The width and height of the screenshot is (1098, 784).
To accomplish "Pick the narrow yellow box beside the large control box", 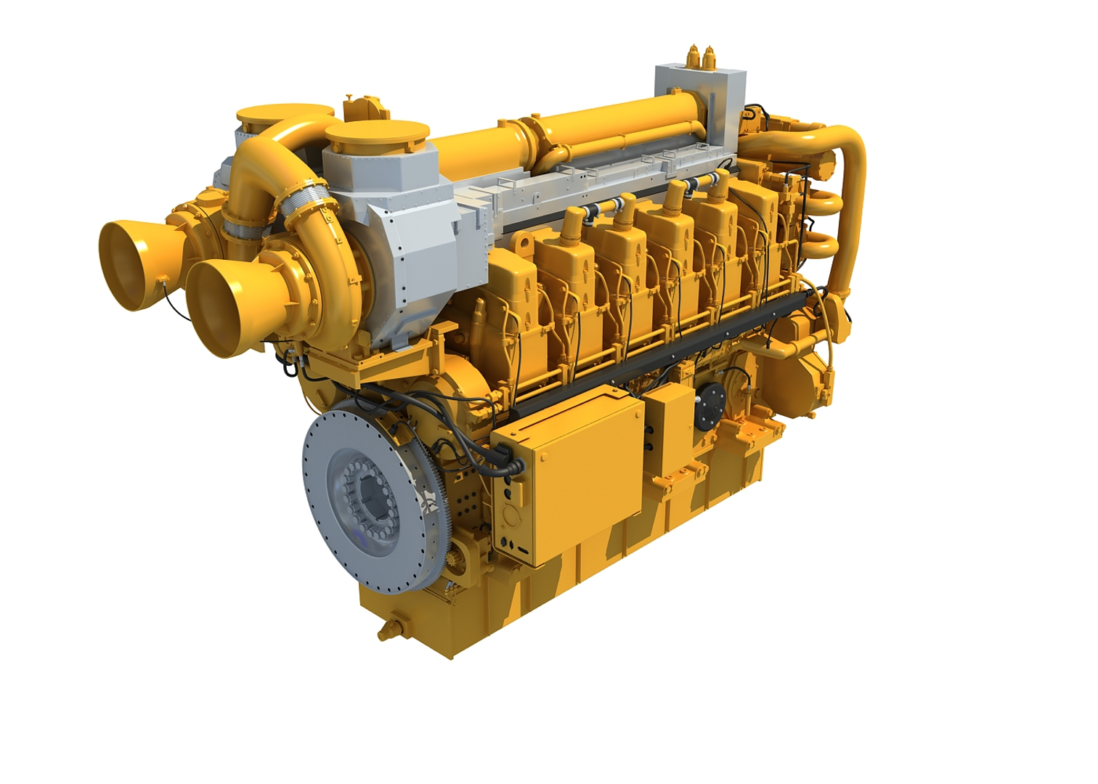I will point(669,428).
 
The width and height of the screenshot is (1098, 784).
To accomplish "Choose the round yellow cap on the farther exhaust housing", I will point(283,116).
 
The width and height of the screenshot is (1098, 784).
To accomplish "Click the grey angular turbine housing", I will point(407,218).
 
